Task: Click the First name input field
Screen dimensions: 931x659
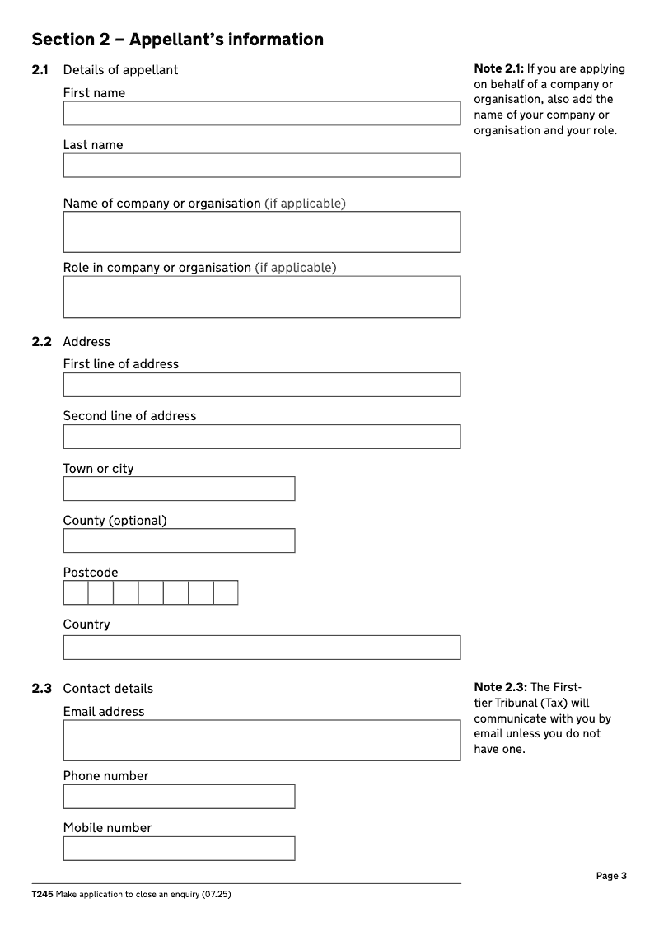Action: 261,114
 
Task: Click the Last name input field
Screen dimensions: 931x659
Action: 261,166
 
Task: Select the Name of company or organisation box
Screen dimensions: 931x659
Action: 261,232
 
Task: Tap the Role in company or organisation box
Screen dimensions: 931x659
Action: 261,297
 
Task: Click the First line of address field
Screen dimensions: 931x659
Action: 261,385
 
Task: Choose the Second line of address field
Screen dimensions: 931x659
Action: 261,437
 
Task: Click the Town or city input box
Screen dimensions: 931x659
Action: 179,489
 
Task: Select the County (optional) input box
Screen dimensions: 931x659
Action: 179,540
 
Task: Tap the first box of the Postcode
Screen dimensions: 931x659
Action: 76,592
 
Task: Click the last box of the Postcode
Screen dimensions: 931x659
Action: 226,592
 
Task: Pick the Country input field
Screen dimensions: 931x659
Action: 261,647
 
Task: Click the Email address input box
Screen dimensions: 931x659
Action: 261,740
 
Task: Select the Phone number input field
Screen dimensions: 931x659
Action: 179,797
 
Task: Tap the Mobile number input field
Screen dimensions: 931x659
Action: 179,849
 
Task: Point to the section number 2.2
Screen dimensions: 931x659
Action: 42,342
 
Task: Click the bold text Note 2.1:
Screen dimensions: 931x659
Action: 499,69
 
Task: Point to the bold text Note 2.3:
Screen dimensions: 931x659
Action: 499,688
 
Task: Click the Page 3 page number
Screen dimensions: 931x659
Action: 611,876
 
